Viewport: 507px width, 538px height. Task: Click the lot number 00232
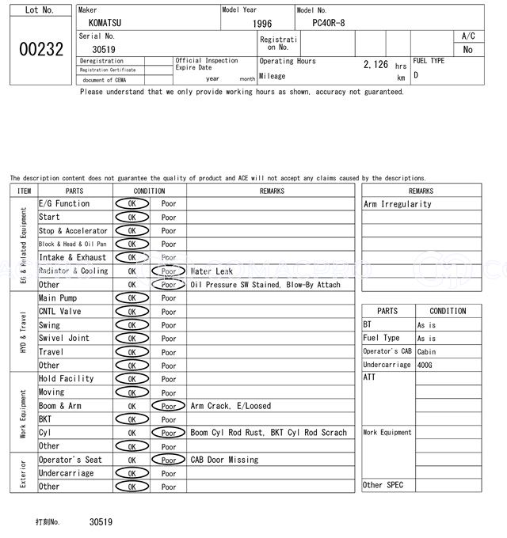click(40, 49)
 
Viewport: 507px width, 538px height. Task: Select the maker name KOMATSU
click(105, 24)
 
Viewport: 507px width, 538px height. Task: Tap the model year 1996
click(261, 24)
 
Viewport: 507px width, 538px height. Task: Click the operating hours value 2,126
click(375, 65)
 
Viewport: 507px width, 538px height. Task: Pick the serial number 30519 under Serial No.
click(104, 49)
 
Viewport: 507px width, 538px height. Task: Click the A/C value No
click(468, 49)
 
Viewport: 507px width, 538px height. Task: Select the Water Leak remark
click(212, 271)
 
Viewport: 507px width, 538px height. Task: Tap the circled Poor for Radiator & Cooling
click(168, 271)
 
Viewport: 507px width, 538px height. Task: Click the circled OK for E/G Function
click(132, 203)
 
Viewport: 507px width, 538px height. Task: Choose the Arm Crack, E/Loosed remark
click(231, 406)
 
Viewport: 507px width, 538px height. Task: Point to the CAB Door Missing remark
click(224, 460)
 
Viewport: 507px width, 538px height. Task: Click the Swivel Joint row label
click(64, 339)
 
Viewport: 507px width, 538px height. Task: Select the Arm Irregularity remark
click(398, 204)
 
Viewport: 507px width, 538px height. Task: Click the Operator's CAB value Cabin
click(426, 351)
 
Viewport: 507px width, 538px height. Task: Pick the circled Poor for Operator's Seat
click(168, 460)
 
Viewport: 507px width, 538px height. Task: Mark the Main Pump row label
click(58, 298)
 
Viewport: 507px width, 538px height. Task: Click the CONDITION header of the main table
click(149, 191)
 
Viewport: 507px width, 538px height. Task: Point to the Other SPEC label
click(383, 485)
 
